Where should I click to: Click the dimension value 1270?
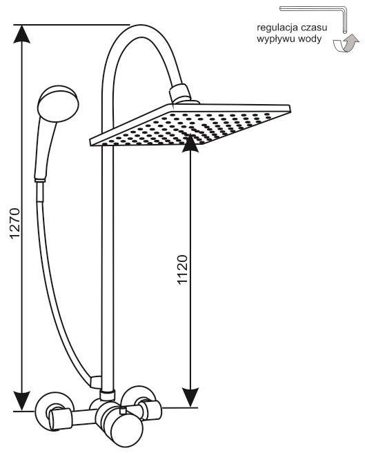(x=14, y=223)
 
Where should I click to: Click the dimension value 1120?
(x=183, y=270)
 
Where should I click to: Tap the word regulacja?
(x=277, y=28)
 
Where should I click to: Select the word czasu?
(x=314, y=28)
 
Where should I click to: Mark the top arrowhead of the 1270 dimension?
(x=21, y=34)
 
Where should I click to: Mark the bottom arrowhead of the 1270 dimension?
(x=21, y=401)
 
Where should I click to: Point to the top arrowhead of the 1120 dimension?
(x=190, y=143)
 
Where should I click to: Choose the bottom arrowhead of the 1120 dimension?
(x=190, y=398)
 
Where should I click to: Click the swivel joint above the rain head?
(x=180, y=94)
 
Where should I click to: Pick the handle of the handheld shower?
(x=44, y=150)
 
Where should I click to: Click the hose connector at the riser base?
(x=95, y=382)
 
